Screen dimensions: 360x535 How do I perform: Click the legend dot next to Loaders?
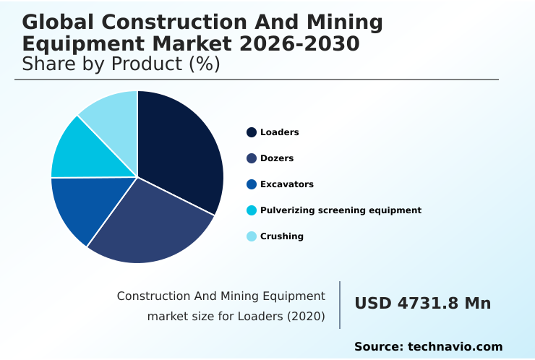[x=252, y=132]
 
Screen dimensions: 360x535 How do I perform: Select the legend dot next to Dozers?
[x=252, y=158]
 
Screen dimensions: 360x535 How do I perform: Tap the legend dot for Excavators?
[x=252, y=184]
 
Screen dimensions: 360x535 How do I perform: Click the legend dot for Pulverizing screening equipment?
[x=252, y=210]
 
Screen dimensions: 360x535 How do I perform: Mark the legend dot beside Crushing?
[x=252, y=236]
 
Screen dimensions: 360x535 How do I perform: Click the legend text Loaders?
[x=279, y=132]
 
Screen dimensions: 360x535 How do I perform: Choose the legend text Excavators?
[x=286, y=184]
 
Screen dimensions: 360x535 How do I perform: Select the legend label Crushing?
[x=281, y=236]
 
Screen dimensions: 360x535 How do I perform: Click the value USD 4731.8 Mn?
[x=422, y=304]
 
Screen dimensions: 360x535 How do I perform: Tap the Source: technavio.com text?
[x=428, y=347]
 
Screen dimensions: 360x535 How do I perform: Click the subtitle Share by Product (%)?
[x=121, y=64]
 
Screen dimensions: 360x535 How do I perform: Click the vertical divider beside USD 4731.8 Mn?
[x=340, y=305]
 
